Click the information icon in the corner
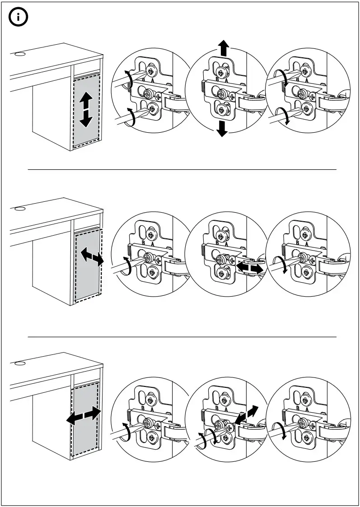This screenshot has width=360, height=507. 18,19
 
